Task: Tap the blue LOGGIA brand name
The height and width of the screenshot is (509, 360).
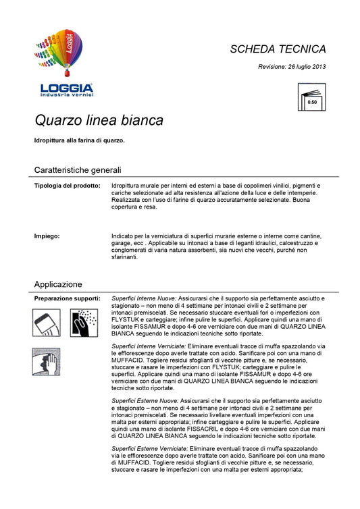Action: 67,88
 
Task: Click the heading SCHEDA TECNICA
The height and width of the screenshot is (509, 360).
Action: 278,49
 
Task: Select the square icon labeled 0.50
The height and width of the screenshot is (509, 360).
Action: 311,98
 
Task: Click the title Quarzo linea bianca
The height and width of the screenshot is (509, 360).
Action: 99,121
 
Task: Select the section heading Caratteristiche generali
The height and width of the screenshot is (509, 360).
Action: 78,169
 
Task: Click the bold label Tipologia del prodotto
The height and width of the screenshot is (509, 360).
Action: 68,184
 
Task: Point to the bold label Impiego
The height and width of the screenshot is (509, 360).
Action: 47,236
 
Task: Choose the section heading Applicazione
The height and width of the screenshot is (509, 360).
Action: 58,284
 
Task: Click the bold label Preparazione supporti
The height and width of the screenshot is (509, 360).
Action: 68,298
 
